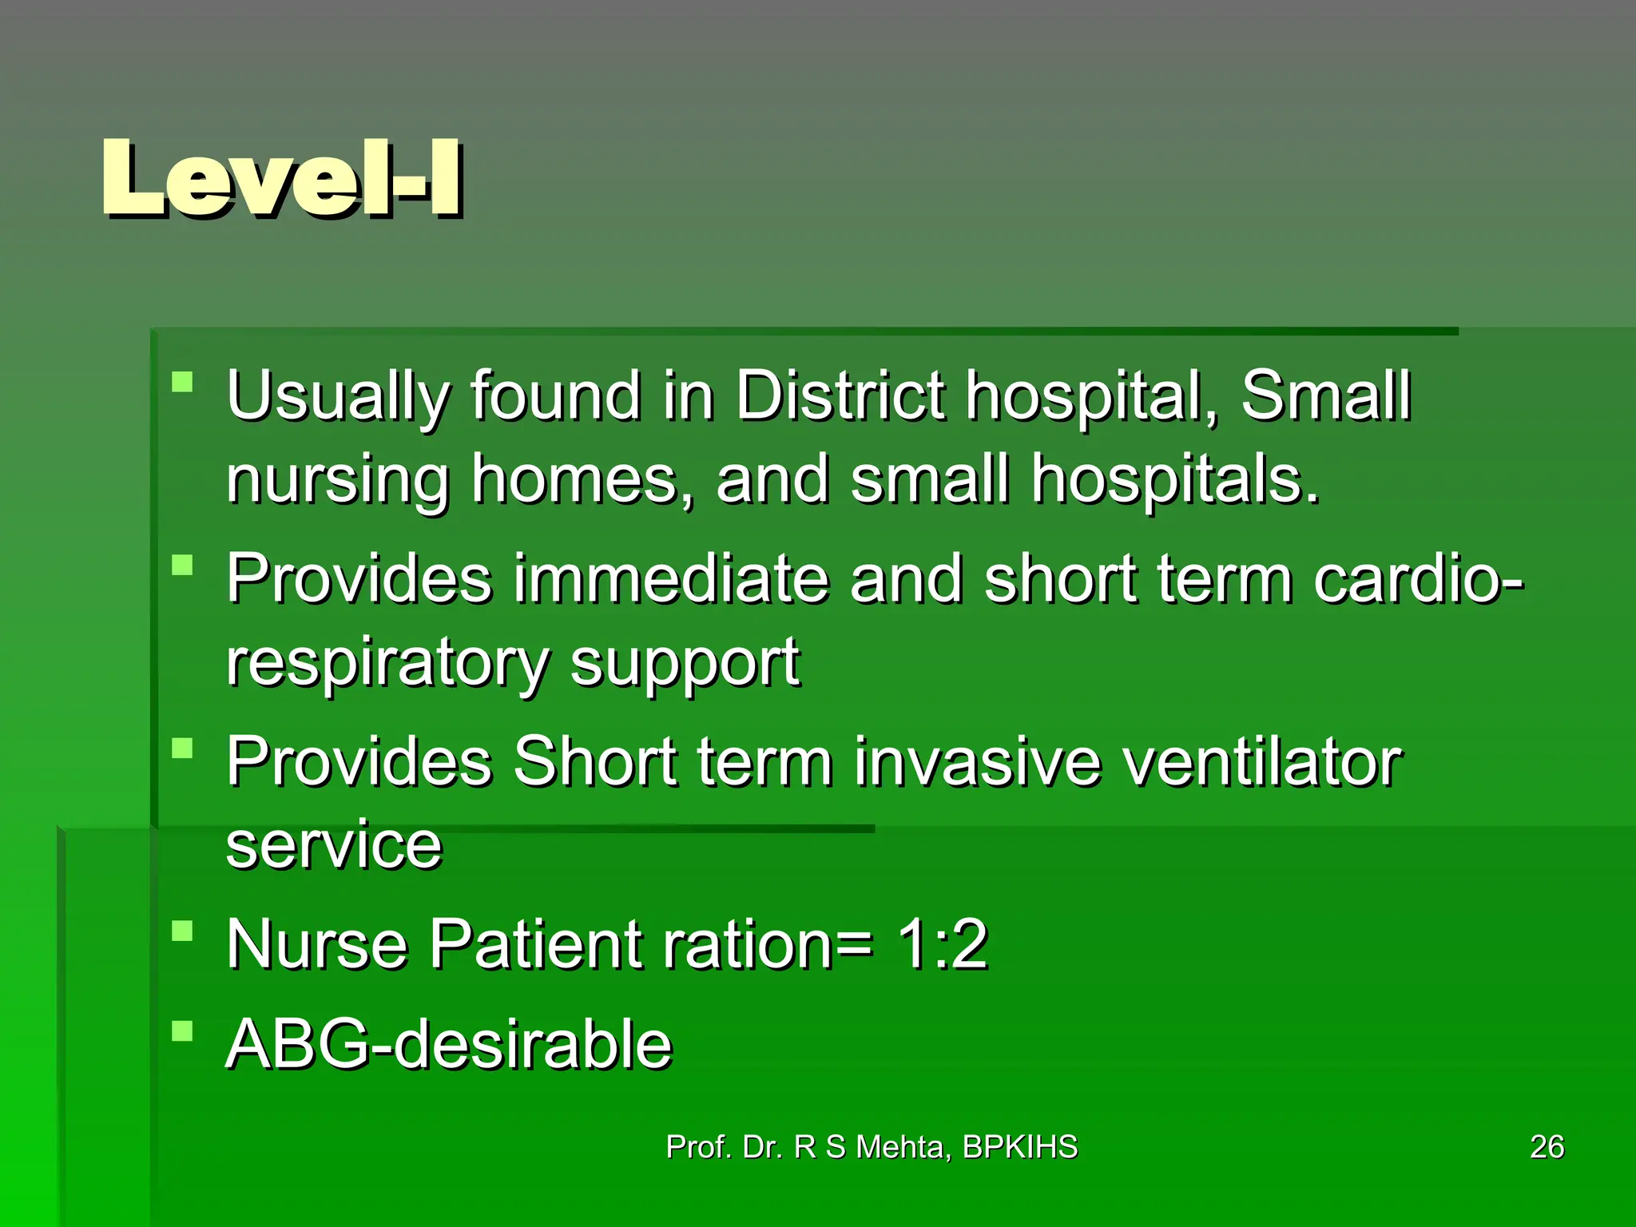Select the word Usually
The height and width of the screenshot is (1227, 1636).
(x=337, y=397)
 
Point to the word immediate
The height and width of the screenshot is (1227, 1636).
(x=670, y=578)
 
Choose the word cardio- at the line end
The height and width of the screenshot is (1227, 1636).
(x=1418, y=578)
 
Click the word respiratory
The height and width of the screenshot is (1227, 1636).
(x=387, y=664)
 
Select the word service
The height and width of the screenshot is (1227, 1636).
(x=333, y=845)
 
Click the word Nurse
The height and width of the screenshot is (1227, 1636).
(x=317, y=944)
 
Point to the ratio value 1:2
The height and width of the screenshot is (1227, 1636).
(x=943, y=944)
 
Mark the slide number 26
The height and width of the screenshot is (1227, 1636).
(x=1547, y=1147)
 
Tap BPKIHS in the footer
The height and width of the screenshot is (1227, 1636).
(x=1020, y=1147)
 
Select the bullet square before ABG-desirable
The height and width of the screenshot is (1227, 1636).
(x=183, y=1030)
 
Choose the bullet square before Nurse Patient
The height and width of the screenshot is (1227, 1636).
(x=183, y=931)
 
